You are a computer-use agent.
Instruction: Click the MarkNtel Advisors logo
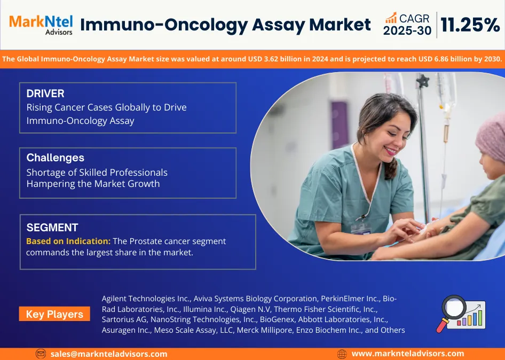41,25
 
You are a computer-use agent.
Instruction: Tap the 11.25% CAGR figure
470,25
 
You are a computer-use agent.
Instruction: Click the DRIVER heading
45,93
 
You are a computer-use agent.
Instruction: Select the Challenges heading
56,158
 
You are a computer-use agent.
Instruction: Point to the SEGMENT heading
52,228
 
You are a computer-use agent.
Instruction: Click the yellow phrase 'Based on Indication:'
68,241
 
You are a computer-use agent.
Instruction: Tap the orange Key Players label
54,314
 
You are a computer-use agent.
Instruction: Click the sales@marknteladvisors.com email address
109,354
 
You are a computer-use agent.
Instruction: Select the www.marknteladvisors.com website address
408,354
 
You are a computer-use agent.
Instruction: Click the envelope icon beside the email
41,354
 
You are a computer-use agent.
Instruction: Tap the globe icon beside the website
342,354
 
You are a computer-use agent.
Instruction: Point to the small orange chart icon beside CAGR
391,18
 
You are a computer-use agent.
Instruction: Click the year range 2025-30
407,30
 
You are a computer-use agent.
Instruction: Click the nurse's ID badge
361,229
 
